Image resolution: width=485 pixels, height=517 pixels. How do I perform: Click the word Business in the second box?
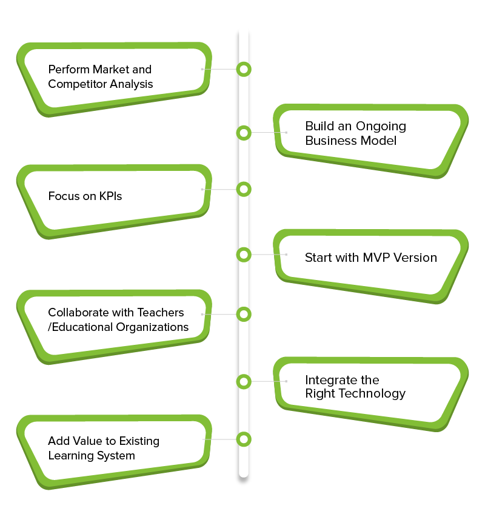331,141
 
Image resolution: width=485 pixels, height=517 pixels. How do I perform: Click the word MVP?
376,258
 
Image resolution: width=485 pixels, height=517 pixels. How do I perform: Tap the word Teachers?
160,313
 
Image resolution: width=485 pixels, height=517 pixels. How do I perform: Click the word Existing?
137,441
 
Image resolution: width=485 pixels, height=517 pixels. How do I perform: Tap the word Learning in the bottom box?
69,455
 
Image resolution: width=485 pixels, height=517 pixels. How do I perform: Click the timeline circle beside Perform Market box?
244,69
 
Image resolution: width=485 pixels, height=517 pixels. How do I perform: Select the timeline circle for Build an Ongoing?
244,132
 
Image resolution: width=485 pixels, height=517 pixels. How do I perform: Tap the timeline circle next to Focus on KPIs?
244,189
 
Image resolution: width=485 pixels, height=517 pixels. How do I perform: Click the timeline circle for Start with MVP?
244,255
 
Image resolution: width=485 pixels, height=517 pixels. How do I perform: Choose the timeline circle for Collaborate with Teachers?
244,314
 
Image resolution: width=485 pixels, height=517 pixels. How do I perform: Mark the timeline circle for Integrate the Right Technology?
244,381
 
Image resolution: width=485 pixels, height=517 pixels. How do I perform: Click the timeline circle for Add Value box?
244,439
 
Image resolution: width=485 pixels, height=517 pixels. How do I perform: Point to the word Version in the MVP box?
415,258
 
